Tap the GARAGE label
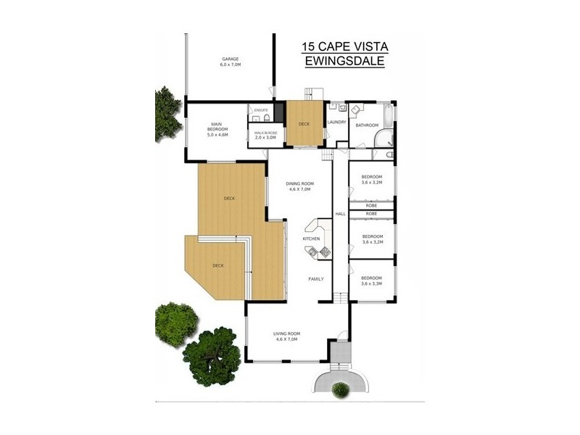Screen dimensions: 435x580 tap(230, 59)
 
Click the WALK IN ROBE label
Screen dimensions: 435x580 tap(261, 133)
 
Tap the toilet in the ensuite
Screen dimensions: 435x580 tap(266, 118)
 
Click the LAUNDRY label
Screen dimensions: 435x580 tap(337, 122)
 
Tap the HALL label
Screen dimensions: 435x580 tap(339, 213)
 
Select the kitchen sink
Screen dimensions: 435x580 tap(312, 253)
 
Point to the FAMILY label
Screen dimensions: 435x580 tap(316, 279)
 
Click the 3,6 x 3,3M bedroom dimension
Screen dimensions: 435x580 tap(372, 284)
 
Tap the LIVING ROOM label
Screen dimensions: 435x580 tap(287, 333)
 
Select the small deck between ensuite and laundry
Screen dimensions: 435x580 tap(304, 124)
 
